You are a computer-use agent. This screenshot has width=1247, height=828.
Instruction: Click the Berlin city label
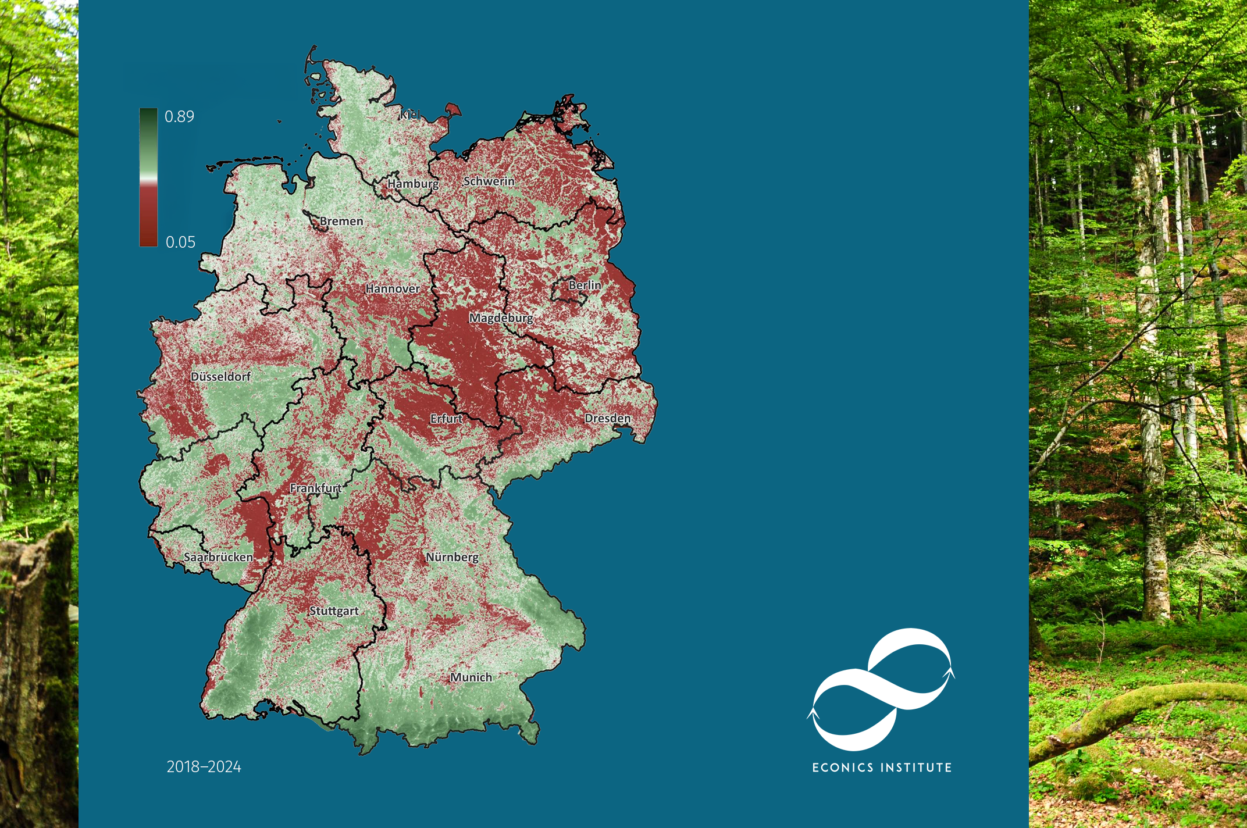pos(585,285)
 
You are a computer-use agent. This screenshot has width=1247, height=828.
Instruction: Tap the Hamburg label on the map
pos(413,184)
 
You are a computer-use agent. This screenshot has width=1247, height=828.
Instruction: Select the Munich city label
pos(471,677)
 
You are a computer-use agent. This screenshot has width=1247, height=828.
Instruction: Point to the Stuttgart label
pos(334,611)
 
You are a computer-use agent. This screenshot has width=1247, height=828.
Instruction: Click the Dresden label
pos(607,419)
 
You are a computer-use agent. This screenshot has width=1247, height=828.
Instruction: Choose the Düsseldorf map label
pos(220,377)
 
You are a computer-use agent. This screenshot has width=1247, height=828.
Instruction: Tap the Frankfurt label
pos(315,488)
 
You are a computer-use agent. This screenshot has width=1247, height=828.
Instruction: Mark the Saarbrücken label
pos(218,557)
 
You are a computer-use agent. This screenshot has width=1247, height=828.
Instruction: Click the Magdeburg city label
pos(501,318)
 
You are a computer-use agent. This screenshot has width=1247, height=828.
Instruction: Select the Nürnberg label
pos(452,557)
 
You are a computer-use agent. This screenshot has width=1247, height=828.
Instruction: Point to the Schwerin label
pos(489,181)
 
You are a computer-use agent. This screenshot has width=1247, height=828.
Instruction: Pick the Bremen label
pos(341,222)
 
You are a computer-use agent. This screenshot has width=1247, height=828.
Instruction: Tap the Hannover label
pos(393,288)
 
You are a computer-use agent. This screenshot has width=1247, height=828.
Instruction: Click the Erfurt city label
pos(446,419)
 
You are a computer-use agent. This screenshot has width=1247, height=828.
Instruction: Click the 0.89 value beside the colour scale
pos(179,117)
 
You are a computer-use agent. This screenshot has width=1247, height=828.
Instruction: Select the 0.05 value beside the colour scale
pos(180,242)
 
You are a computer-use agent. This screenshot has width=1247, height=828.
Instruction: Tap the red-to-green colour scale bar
pos(148,177)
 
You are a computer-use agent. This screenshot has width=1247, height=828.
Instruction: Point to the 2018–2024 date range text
pos(204,767)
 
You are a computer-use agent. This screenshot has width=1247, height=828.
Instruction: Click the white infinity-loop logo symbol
pos(881,690)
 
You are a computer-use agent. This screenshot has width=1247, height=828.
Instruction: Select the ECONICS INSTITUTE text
pos(882,768)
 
